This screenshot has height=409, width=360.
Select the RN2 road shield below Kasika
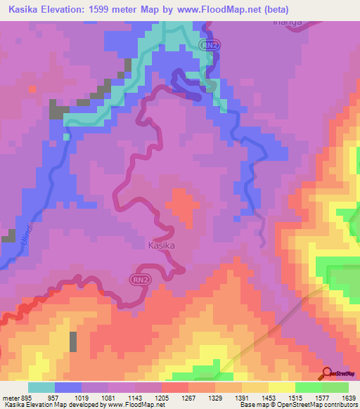pyautogui.click(x=138, y=278)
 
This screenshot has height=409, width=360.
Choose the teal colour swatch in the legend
pyautogui.click(x=41, y=387)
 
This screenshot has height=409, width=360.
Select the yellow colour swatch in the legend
pyautogui.click(x=281, y=387)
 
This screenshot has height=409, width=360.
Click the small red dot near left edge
pyautogui.click(x=32, y=89)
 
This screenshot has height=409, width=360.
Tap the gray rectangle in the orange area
pyautogui.click(x=73, y=341)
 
